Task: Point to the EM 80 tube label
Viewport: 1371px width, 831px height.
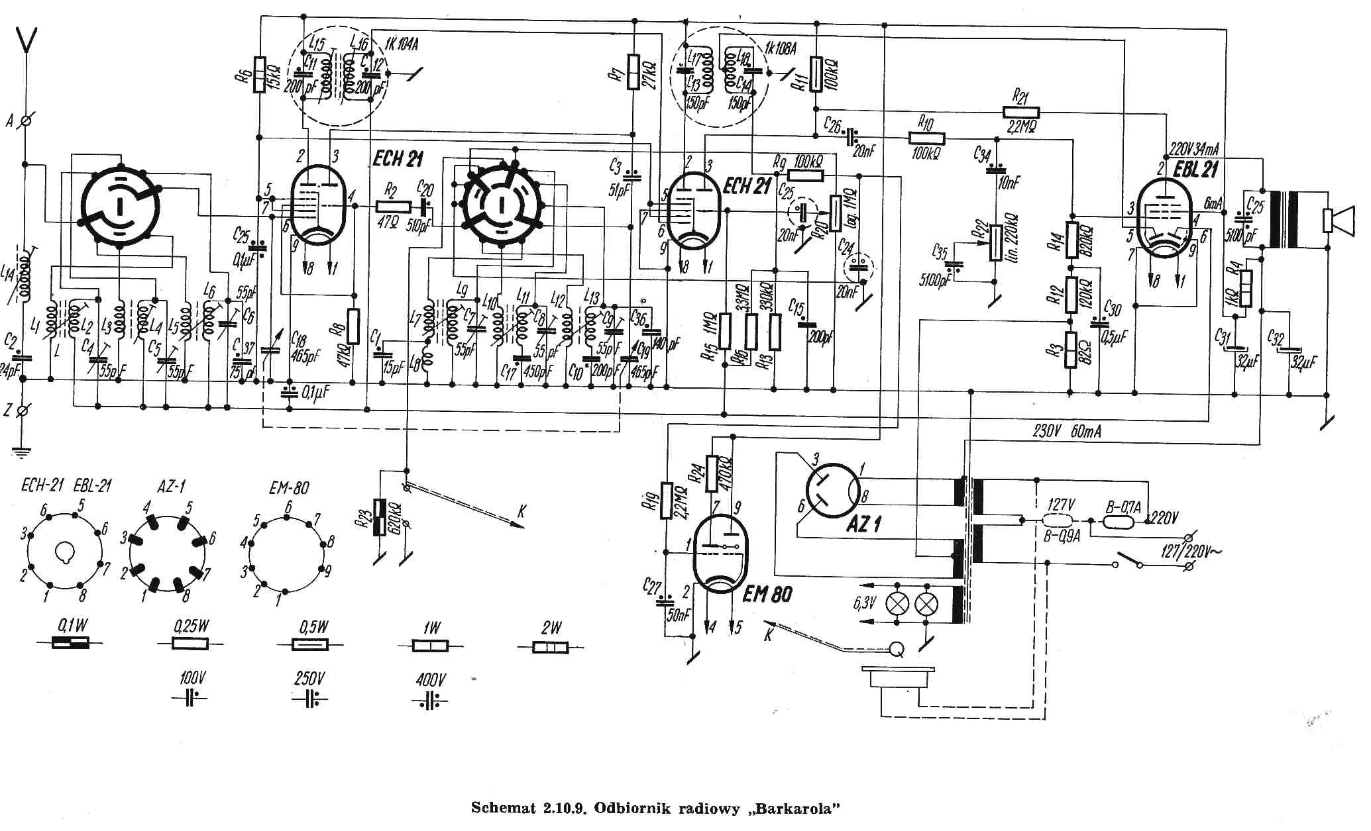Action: coord(767,593)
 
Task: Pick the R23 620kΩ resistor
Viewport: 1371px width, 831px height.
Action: coord(380,517)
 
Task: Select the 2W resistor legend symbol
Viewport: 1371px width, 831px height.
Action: coord(551,647)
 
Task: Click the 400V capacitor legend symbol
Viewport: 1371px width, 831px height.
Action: coord(430,699)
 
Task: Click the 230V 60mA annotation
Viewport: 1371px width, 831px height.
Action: coord(1067,431)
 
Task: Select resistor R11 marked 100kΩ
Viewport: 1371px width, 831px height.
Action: coord(816,73)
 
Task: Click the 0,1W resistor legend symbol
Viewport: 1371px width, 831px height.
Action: coord(71,643)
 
